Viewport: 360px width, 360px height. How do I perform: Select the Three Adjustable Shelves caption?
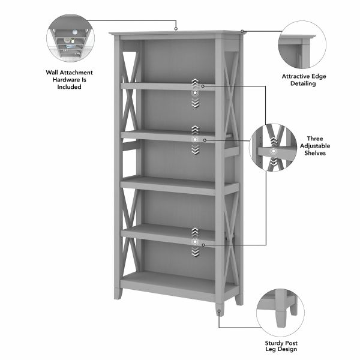(x=315, y=146)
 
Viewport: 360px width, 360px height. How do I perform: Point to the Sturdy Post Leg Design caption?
(x=282, y=347)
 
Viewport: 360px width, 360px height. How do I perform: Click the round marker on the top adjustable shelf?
(x=194, y=93)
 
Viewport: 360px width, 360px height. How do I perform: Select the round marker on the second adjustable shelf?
(x=194, y=140)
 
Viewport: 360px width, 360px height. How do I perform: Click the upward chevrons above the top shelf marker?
(x=194, y=82)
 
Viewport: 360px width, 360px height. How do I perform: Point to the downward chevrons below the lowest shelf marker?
(x=194, y=254)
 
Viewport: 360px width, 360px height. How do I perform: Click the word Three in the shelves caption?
(x=315, y=138)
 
